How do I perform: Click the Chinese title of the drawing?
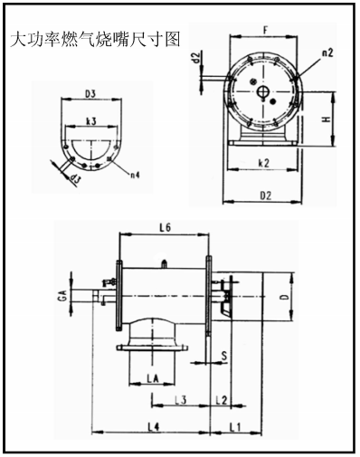point(95,39)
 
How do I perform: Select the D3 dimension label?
point(90,94)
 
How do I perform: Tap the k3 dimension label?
point(91,121)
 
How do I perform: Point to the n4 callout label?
point(135,175)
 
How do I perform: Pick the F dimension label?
point(265,30)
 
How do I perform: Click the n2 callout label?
point(327,53)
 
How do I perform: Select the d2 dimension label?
point(196,57)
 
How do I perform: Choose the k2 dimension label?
point(264,163)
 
